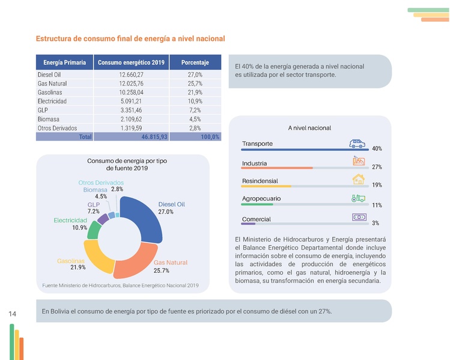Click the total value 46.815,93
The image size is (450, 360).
(154, 137)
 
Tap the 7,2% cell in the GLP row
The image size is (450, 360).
(195, 110)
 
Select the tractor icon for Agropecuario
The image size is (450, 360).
(358, 198)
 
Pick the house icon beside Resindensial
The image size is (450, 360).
(358, 179)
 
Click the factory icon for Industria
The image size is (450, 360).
(358, 161)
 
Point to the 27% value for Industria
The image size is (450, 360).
(377, 167)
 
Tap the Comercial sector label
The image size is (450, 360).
(256, 219)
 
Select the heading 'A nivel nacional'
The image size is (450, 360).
(309, 128)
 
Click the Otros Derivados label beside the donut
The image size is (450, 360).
(101, 182)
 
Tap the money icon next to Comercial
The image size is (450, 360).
(359, 217)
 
